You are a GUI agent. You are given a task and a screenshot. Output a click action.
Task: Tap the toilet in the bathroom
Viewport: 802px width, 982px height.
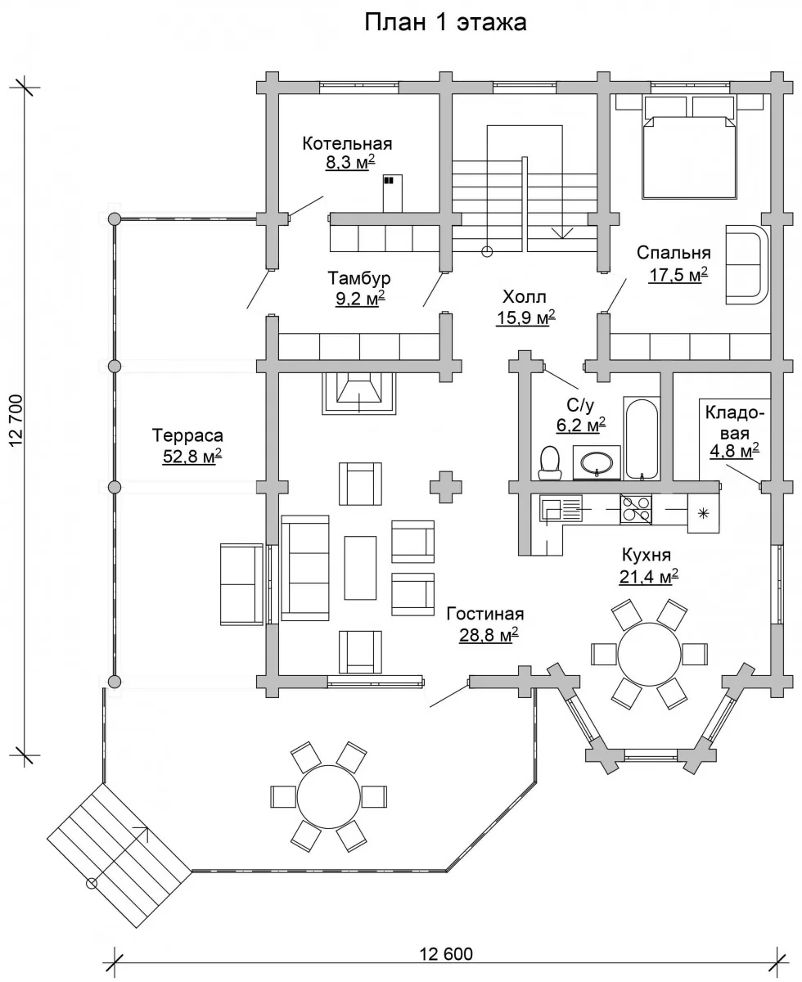point(550,463)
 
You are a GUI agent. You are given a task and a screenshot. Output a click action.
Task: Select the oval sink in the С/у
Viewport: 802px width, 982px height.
point(596,462)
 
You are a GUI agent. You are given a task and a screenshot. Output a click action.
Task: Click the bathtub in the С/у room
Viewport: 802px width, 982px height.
point(642,439)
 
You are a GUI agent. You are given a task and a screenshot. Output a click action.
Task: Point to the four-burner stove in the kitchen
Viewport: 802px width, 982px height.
point(636,509)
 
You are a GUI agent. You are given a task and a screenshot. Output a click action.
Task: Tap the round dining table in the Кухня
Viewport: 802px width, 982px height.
point(649,654)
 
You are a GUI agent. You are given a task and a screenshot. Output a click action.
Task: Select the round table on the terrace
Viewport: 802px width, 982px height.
point(329,797)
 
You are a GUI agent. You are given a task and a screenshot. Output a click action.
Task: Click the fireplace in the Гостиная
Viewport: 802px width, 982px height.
point(359,394)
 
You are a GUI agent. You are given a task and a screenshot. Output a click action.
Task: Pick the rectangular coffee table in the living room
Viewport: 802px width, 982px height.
point(360,568)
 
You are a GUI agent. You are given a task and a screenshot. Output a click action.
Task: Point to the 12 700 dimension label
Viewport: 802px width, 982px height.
point(16,421)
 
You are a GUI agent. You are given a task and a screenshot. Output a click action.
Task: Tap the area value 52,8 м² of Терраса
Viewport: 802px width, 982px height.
point(191,457)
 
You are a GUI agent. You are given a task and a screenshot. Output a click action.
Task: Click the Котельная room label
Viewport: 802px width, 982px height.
point(347,143)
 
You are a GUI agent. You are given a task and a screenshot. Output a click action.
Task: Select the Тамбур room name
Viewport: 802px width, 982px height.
point(359,278)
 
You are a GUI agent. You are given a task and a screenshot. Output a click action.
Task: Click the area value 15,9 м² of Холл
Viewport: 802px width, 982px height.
point(525,318)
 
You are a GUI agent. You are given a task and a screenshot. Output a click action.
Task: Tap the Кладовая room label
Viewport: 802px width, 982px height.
point(734,423)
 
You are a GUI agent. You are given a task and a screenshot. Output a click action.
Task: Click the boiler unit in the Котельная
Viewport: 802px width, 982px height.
point(392,194)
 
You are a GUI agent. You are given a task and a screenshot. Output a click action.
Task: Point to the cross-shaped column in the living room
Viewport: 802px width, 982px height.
point(446,487)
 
